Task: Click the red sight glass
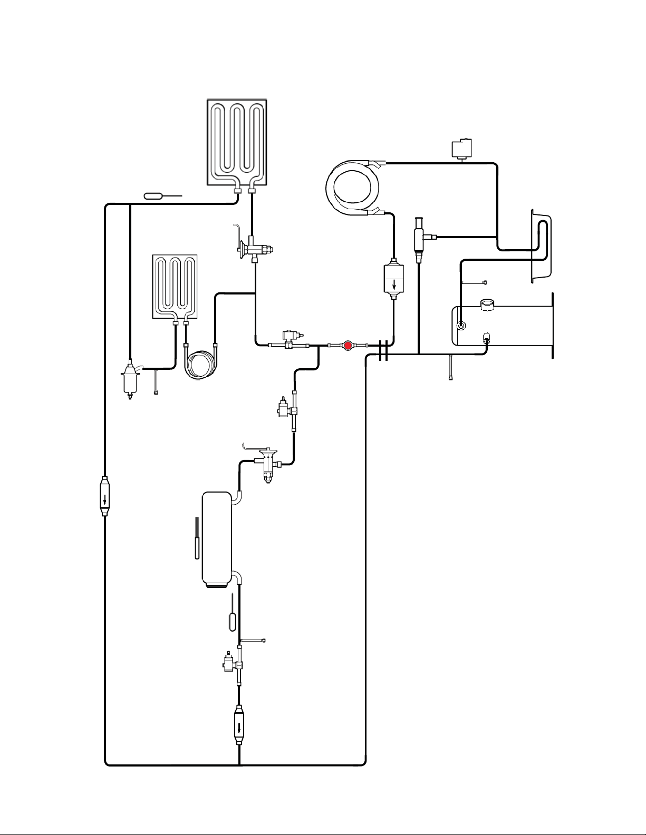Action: click(347, 346)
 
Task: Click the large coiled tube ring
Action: click(353, 188)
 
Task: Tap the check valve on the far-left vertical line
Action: click(105, 497)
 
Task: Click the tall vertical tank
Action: click(217, 539)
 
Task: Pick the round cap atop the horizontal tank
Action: click(487, 304)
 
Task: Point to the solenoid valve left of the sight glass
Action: click(290, 339)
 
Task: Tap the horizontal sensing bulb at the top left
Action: click(154, 197)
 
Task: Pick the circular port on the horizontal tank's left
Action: click(461, 326)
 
